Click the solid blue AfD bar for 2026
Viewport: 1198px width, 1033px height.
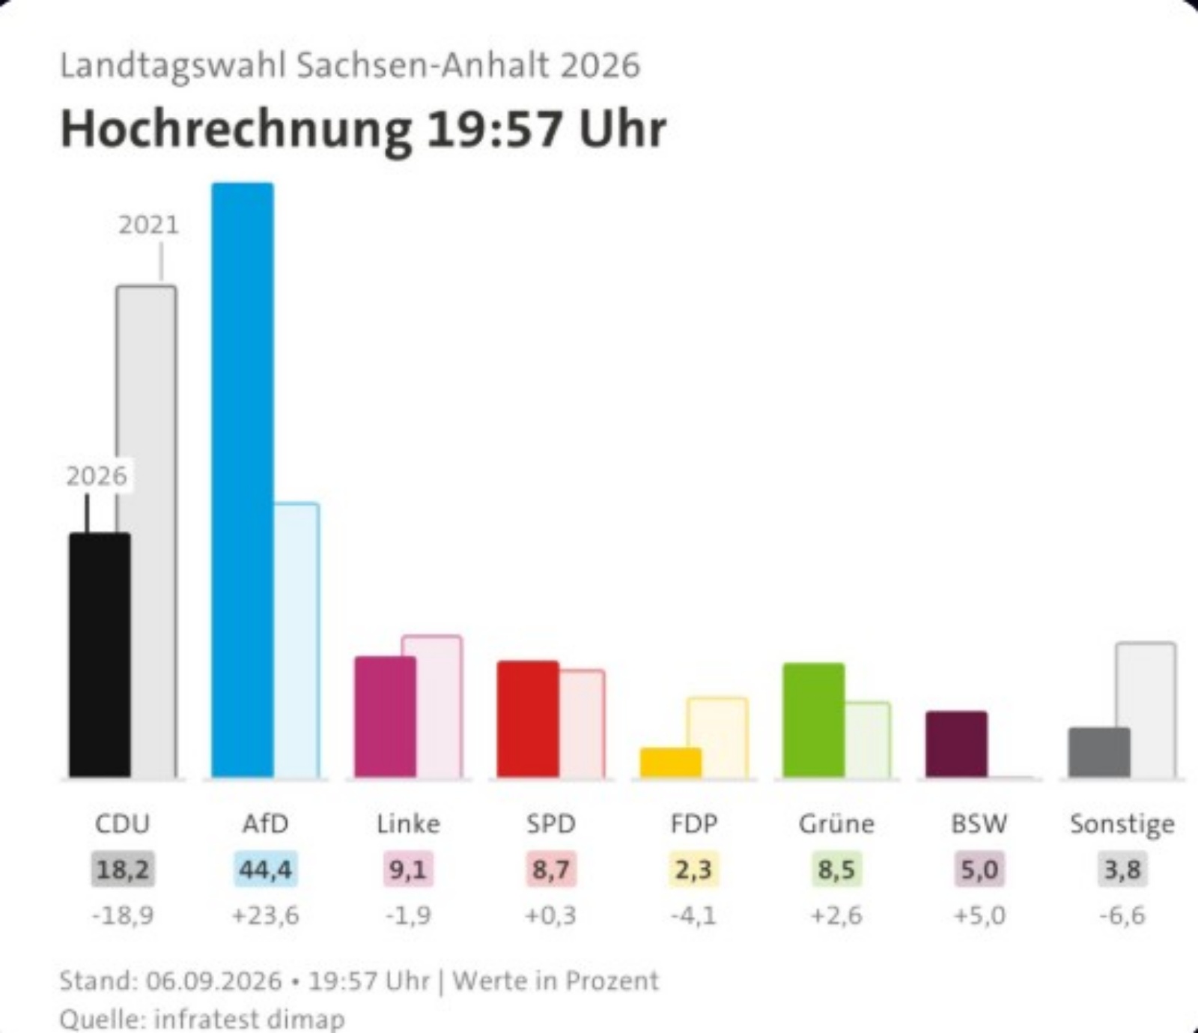[x=243, y=479]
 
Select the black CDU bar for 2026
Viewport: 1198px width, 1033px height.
[x=100, y=655]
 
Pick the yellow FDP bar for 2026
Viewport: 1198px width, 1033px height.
[x=671, y=763]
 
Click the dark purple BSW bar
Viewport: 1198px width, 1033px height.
[x=956, y=744]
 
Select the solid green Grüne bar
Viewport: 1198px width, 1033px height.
[x=814, y=720]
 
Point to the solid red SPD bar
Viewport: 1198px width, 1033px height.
[x=528, y=719]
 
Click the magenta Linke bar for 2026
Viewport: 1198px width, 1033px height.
[x=385, y=717]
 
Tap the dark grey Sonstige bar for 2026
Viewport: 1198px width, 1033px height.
[x=1099, y=752]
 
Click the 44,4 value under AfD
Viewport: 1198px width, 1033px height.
[x=265, y=870]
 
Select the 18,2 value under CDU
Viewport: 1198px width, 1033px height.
[x=122, y=870]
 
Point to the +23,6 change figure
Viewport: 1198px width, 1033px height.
[x=265, y=915]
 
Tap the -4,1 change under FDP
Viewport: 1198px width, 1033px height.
[x=693, y=915]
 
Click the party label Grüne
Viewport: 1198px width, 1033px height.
[x=836, y=824]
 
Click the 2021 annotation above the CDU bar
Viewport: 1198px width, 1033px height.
[x=149, y=225]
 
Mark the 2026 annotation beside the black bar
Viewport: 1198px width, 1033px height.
[x=97, y=476]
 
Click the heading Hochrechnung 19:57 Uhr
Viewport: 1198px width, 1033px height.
[x=363, y=129]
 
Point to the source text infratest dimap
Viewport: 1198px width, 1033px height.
[x=249, y=1019]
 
